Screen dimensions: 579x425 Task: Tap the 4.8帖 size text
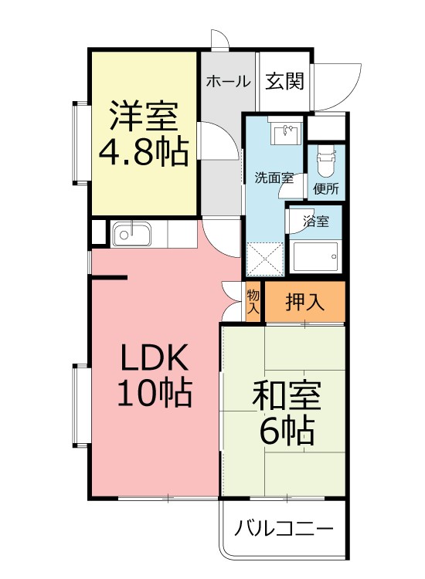coord(143,153)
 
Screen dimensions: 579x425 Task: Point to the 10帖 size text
coord(154,394)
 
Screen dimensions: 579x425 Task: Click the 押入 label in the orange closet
coord(304,302)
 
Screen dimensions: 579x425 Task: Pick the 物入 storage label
coord(253,301)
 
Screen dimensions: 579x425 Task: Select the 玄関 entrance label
coord(285,81)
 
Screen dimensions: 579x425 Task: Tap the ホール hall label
coord(228,81)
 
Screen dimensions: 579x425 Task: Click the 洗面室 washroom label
coord(274,178)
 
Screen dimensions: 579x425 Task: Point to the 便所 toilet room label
coord(325,188)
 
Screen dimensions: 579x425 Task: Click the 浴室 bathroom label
coord(316,222)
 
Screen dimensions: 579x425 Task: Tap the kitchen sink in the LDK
coord(133,233)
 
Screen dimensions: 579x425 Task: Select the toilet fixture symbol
coord(325,160)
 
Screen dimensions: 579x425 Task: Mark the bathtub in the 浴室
coord(315,256)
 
